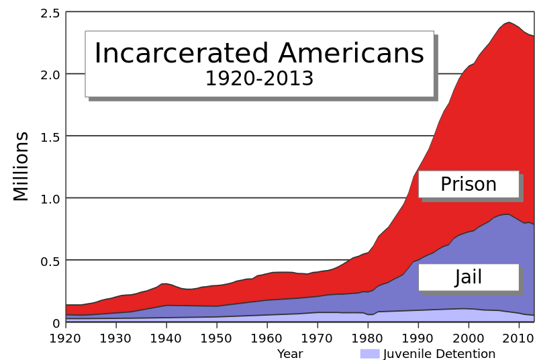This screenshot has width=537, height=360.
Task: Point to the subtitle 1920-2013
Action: (259, 79)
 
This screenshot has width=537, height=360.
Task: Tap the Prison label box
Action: (469, 184)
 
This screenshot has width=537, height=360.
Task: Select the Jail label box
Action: (469, 277)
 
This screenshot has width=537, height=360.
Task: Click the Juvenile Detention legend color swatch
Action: (370, 354)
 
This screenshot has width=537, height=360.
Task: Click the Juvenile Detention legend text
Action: (439, 354)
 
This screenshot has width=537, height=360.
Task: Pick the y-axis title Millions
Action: (21, 166)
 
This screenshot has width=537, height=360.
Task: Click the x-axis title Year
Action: (290, 354)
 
